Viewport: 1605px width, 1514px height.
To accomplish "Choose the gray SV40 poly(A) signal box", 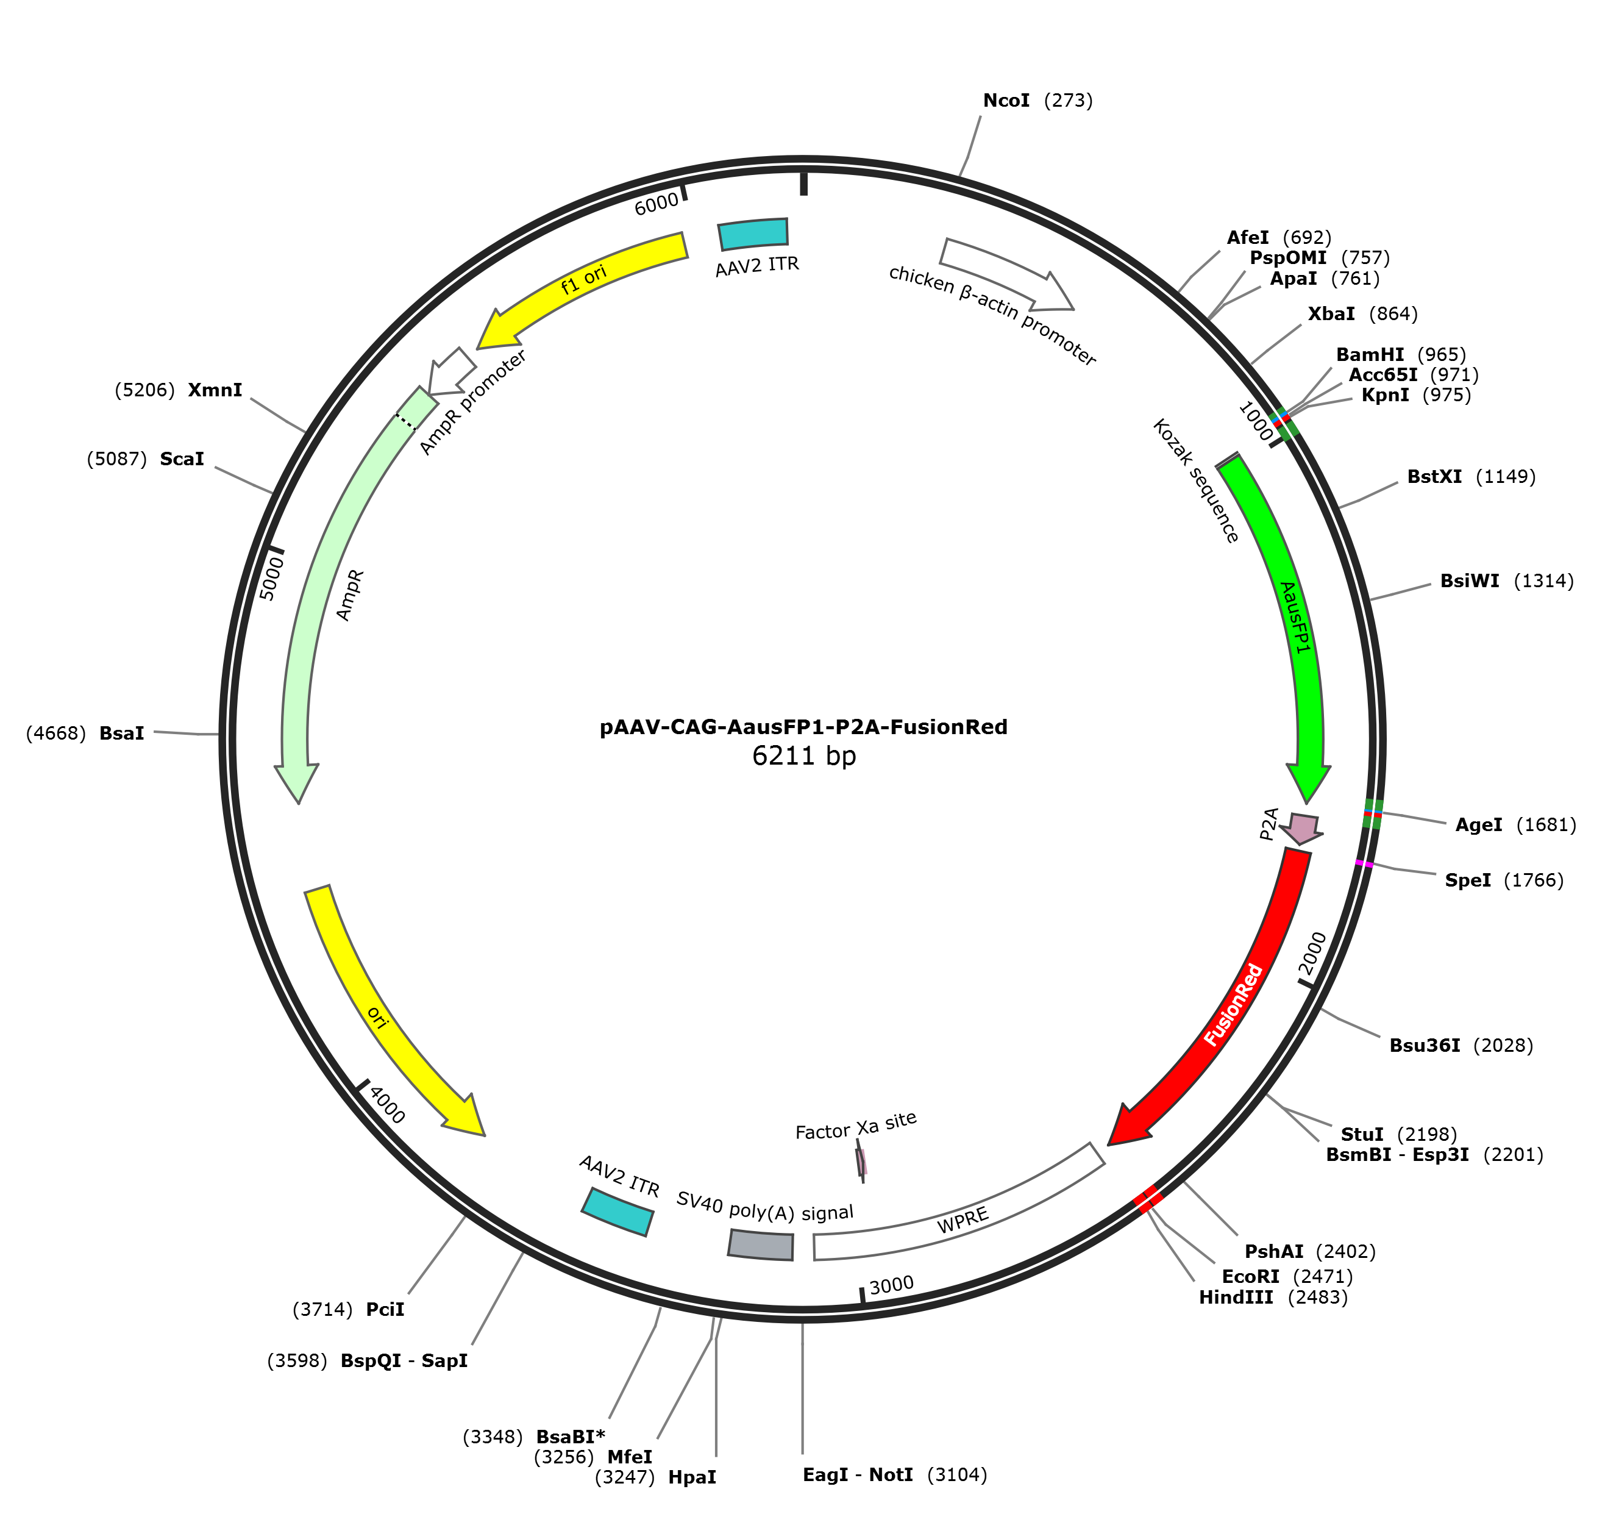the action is coord(761,1244).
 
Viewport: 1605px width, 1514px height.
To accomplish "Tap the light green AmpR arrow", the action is coord(339,590).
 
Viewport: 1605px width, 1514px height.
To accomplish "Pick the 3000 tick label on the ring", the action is coord(891,1285).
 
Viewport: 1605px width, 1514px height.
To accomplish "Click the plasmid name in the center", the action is coord(803,727).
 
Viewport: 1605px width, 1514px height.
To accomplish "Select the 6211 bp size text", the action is coord(803,756).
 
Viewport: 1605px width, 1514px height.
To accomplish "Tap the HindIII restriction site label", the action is coord(1273,1297).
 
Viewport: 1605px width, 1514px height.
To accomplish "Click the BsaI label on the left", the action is coord(85,733).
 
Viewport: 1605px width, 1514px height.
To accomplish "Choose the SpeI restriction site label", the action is coord(1504,880).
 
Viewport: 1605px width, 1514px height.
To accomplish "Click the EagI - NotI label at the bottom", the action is coord(894,1474).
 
